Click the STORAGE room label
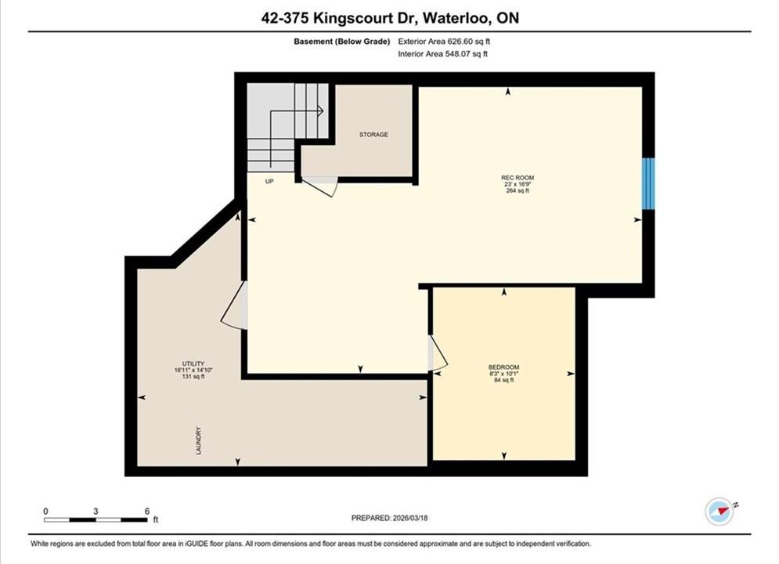tap(373, 135)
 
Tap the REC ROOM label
tap(518, 178)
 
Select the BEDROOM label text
tap(503, 367)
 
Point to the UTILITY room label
tap(193, 363)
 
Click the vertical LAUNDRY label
tap(199, 441)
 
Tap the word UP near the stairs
tap(269, 182)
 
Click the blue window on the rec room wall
tap(648, 184)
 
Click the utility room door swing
tap(233, 306)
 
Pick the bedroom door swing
tap(438, 352)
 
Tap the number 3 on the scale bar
tap(96, 511)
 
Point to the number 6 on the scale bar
tap(147, 511)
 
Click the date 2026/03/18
tap(410, 518)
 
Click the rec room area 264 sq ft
tap(518, 191)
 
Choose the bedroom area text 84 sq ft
tap(503, 380)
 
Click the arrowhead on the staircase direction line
tap(322, 110)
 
